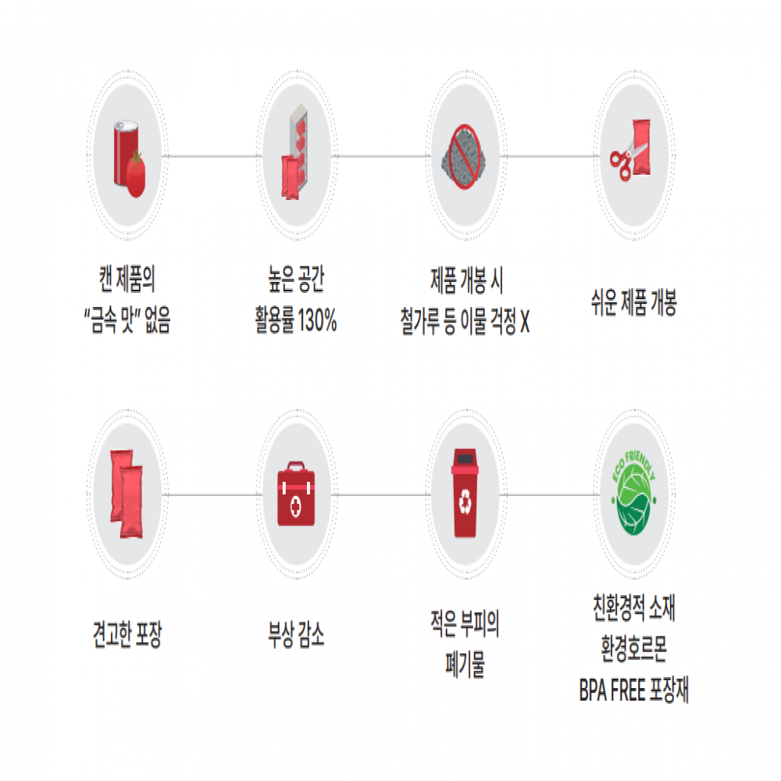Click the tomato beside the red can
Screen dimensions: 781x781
[x=135, y=175]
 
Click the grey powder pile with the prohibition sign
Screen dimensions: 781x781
[x=464, y=157]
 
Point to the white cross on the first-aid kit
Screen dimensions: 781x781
[x=296, y=507]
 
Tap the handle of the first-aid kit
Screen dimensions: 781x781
[x=296, y=465]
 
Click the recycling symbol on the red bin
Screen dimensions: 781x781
[x=465, y=501]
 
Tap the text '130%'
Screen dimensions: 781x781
[x=317, y=319]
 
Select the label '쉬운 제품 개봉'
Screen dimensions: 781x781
[x=633, y=301]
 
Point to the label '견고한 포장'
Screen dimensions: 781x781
[x=127, y=634]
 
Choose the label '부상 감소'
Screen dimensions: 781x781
[x=296, y=634]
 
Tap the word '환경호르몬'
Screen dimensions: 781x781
[x=633, y=648]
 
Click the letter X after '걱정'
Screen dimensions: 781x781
[x=525, y=321]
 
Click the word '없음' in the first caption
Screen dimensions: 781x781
[x=158, y=319]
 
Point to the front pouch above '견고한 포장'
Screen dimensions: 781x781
[x=131, y=502]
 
